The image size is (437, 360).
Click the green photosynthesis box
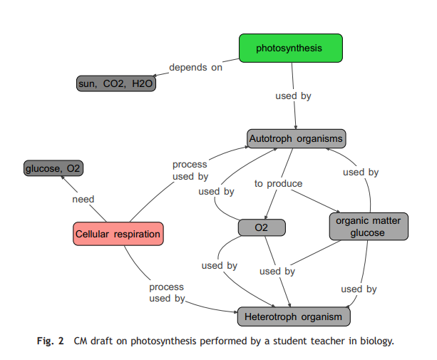coord(290,48)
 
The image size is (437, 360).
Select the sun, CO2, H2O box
coord(115,84)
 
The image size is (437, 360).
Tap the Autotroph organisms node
coord(297,138)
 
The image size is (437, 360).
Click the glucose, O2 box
coord(54,168)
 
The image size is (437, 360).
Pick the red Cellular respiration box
coord(118,234)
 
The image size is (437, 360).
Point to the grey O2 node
coord(262,227)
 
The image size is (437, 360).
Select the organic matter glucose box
coord(367,227)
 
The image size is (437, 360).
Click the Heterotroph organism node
coord(294,316)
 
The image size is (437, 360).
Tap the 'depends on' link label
coord(195,68)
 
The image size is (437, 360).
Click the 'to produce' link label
coord(278,184)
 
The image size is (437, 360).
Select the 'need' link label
coord(83,199)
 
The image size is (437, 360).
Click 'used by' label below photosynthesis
coord(293,96)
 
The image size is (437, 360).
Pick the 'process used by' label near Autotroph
coord(190,170)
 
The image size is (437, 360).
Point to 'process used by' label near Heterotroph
coord(166,292)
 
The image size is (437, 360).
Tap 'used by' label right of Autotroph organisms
coord(360,172)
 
